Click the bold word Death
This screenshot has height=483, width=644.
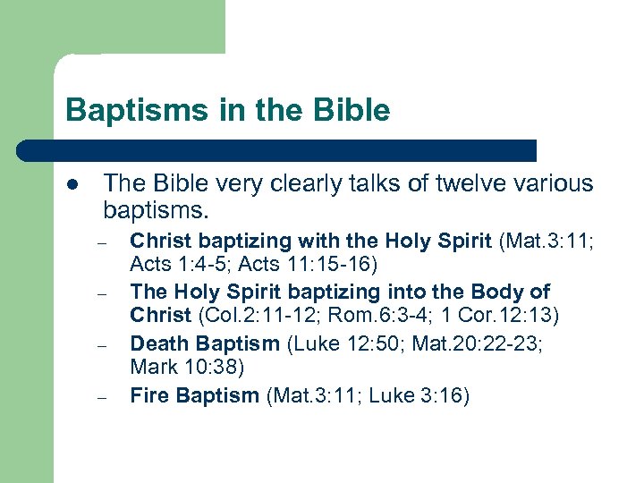point(157,344)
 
